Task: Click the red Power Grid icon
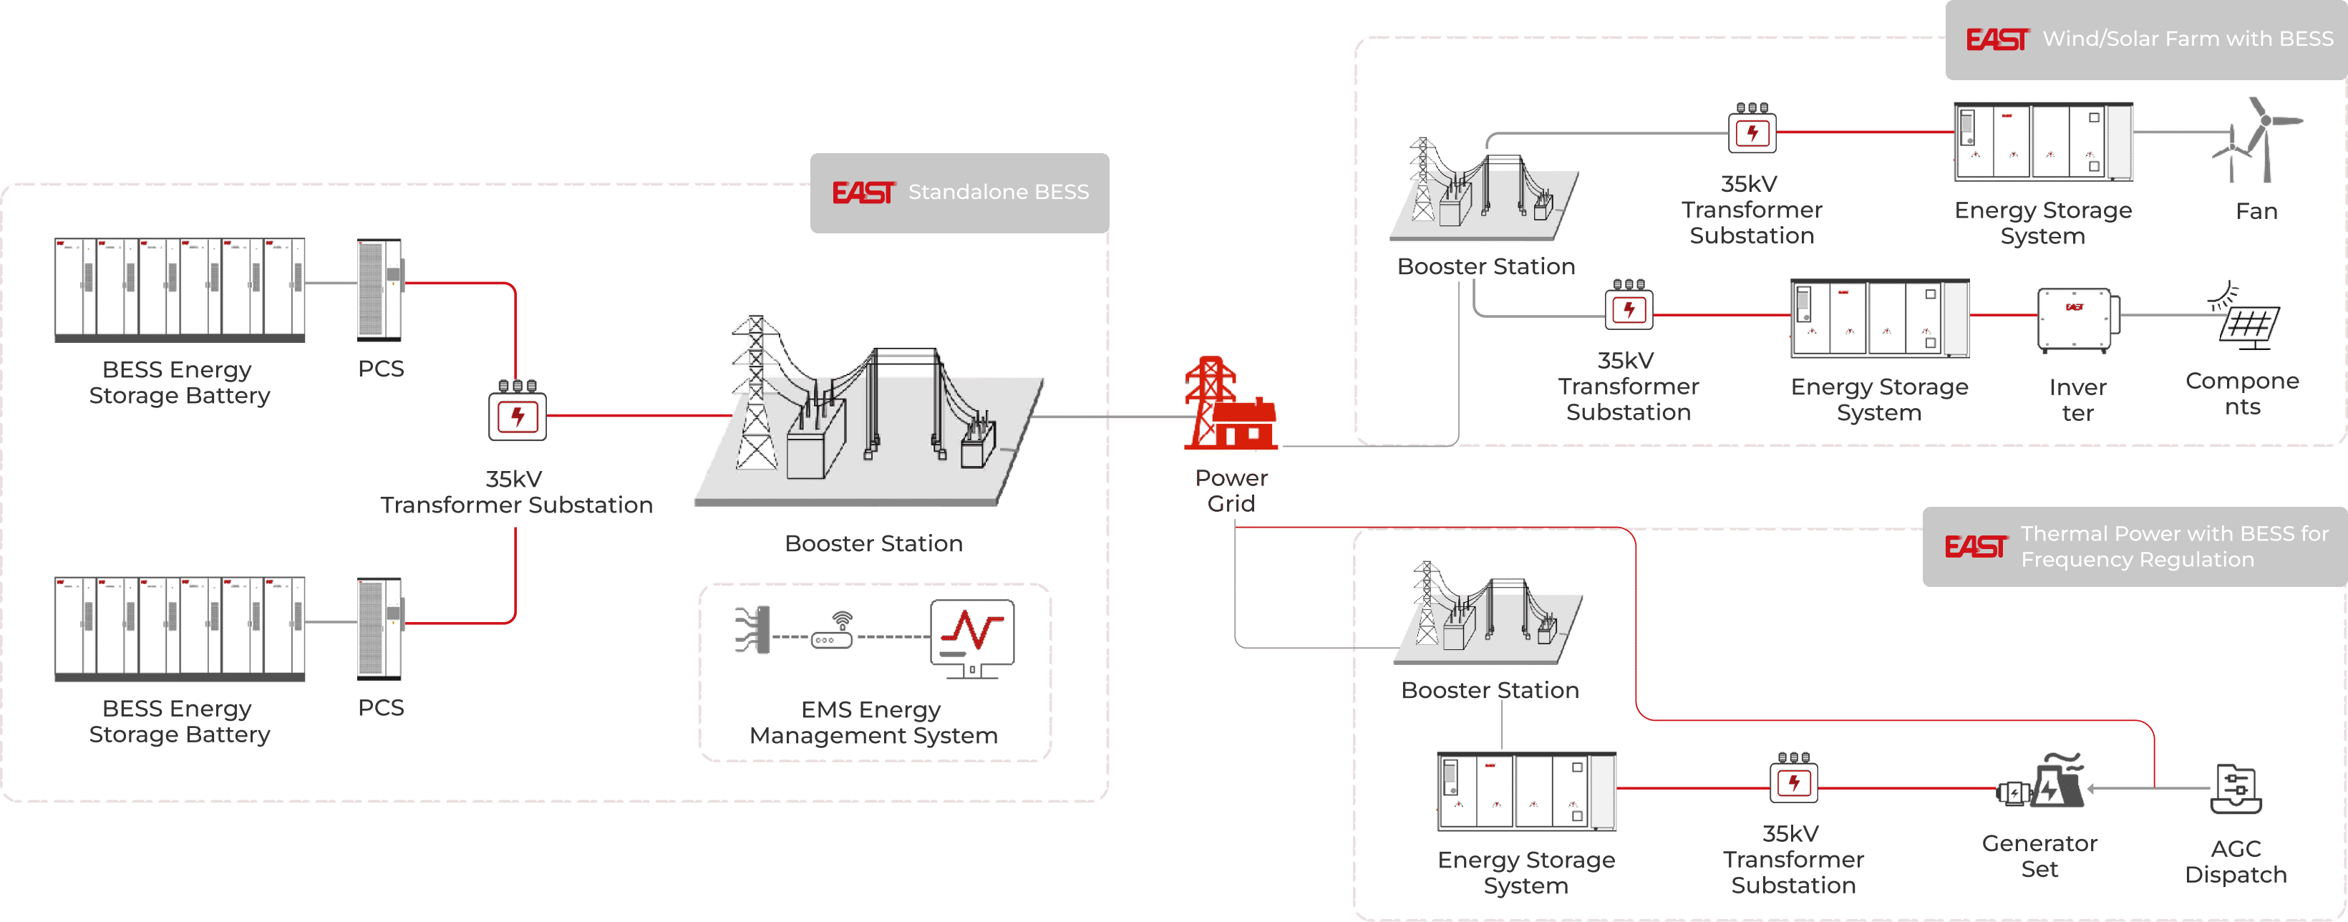1231,404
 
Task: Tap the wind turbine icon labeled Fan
2258,140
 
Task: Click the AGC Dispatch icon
2236,789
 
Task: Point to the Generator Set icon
2041,784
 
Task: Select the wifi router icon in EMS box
833,634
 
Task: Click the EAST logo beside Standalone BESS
863,193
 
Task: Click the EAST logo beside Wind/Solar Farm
1997,39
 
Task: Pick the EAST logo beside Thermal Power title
1974,547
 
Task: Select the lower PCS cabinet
380,629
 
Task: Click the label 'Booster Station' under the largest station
873,544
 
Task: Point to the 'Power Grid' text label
1231,491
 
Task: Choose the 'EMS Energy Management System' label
873,722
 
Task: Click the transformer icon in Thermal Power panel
1793,779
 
